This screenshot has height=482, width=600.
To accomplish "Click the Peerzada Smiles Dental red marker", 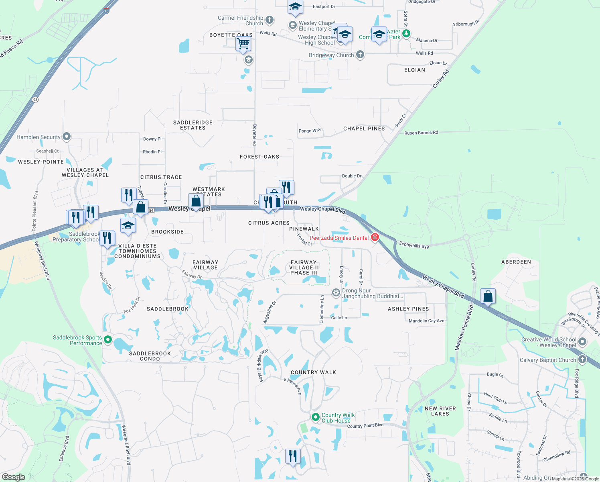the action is pyautogui.click(x=375, y=237).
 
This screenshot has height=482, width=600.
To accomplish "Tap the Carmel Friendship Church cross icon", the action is pyautogui.click(x=270, y=20).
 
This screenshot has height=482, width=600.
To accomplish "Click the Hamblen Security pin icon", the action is pyautogui.click(x=67, y=137).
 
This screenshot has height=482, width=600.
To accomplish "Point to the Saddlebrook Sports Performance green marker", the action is pyautogui.click(x=107, y=340).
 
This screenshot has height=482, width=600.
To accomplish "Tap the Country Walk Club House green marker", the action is pyautogui.click(x=315, y=417).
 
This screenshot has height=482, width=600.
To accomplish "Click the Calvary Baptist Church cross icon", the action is pyautogui.click(x=582, y=359).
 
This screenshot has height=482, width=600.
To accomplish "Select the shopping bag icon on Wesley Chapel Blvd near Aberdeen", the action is pyautogui.click(x=488, y=296).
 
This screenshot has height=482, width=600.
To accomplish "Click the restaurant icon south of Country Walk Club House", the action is pyautogui.click(x=293, y=456).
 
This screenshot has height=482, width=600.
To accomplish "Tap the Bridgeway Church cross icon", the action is pyautogui.click(x=360, y=55).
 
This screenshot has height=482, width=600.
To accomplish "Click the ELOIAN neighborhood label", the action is pyautogui.click(x=415, y=70).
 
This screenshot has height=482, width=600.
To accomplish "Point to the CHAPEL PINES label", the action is pyautogui.click(x=364, y=129).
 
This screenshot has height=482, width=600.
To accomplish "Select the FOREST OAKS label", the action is pyautogui.click(x=259, y=157).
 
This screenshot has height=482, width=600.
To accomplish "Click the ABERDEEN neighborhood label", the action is pyautogui.click(x=516, y=262).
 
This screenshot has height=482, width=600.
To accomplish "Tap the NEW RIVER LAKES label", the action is pyautogui.click(x=440, y=411).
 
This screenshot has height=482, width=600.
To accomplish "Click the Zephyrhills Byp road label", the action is pyautogui.click(x=414, y=245).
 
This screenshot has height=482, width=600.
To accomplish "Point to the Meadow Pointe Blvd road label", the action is pyautogui.click(x=464, y=327).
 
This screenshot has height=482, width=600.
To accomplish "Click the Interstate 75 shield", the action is pyautogui.click(x=106, y=11).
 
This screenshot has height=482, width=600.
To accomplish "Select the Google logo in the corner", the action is pyautogui.click(x=14, y=477).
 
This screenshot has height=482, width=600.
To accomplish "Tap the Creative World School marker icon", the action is pyautogui.click(x=582, y=342).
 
